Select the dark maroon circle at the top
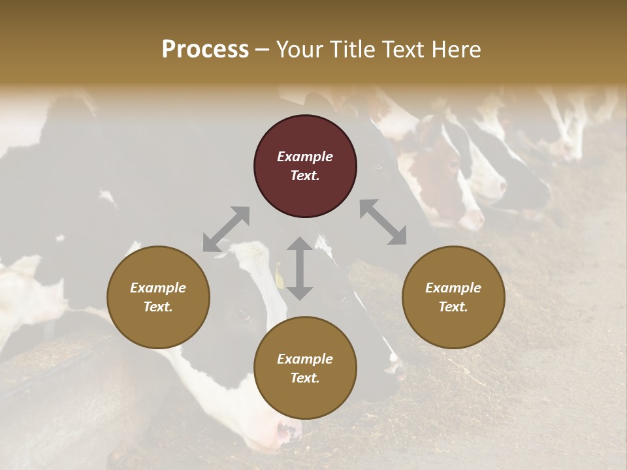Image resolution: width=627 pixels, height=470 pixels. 305,166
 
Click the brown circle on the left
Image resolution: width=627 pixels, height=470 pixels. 158,297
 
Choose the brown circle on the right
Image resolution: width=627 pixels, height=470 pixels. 453,297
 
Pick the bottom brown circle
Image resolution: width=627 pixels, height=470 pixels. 305,368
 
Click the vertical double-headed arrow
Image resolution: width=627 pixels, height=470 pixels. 300,268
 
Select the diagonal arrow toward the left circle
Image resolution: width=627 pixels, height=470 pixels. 226,228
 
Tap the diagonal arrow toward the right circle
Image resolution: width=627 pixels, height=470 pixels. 383,222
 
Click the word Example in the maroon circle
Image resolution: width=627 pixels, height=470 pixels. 305,157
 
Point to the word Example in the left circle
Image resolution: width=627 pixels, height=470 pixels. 158,288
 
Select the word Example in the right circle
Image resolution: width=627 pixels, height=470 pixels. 453,288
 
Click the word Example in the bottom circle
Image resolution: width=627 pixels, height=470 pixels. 305,359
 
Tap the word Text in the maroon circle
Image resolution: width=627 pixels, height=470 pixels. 305,176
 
